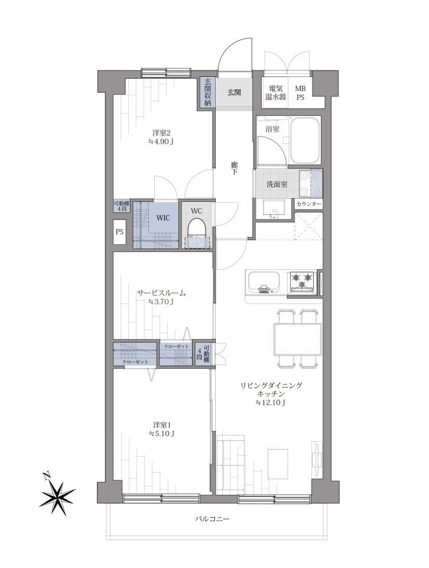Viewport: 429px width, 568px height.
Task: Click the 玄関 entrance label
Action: (234, 92)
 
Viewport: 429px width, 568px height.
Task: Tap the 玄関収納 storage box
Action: (207, 92)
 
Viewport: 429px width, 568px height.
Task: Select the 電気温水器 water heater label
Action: (277, 93)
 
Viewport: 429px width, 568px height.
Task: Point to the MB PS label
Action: (300, 93)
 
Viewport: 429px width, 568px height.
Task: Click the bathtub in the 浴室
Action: (306, 141)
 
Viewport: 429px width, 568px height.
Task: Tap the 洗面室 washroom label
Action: (277, 184)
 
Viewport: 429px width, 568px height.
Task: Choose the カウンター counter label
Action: (308, 204)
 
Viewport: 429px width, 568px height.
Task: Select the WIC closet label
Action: (162, 218)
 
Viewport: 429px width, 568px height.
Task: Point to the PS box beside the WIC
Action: (119, 231)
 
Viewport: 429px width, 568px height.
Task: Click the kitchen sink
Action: (263, 282)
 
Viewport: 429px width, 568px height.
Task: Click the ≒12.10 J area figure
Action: (271, 402)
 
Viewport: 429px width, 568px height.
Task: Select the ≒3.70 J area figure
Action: (161, 301)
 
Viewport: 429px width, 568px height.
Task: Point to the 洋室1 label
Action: (161, 424)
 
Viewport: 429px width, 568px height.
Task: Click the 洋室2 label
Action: (161, 133)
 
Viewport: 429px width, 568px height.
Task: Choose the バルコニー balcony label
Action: (212, 519)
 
